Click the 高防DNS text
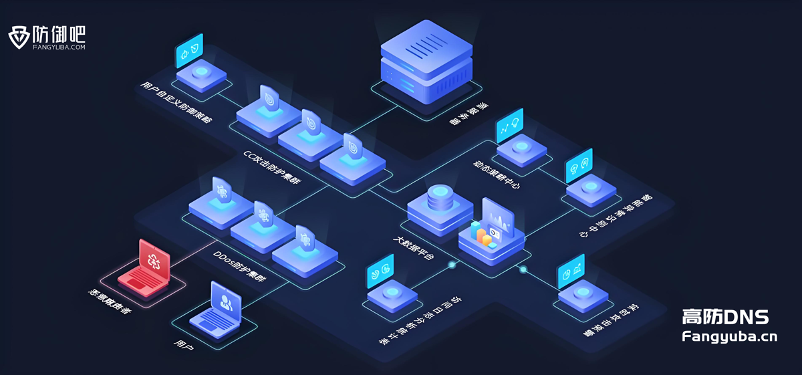[x=725, y=316]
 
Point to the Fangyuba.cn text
[x=729, y=336]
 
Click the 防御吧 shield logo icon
[x=19, y=37]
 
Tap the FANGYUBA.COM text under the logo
[x=59, y=47]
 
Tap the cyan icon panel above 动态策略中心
[x=509, y=123]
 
